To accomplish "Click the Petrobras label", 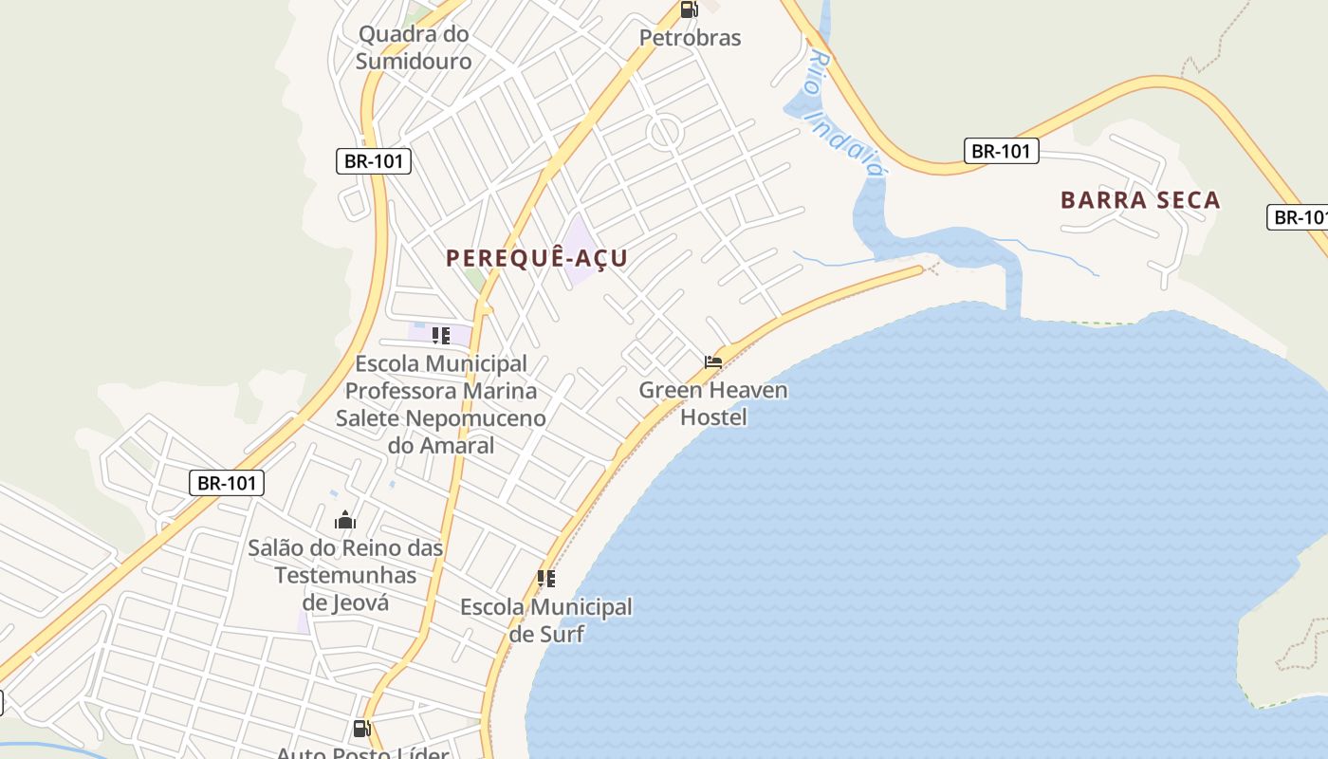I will coord(690,38).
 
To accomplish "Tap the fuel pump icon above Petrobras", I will coord(689,10).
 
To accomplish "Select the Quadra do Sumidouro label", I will coord(414,47).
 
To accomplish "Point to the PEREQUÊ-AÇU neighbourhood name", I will coord(537,258).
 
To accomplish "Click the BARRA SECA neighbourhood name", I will coord(1140,200).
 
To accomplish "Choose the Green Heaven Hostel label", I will coord(713,403).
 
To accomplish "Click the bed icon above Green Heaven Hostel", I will coord(713,362).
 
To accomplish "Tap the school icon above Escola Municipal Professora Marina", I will coord(440,335).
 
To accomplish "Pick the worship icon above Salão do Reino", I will coord(345,520).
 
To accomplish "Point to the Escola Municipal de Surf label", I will coord(546,620).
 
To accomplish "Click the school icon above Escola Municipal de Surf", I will coord(545,578).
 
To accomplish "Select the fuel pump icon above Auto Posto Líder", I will coord(361,729).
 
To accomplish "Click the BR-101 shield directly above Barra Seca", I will coord(1001,151).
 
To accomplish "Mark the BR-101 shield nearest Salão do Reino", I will coord(228,483).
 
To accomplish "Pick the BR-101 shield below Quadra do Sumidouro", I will coord(374,161).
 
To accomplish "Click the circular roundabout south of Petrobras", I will coord(665,132).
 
